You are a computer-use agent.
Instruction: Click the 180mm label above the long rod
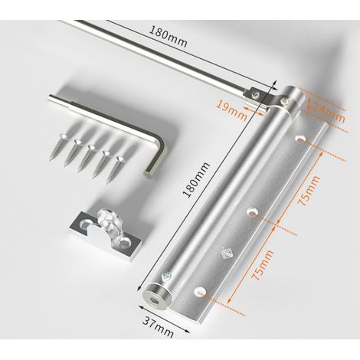coord(168,38)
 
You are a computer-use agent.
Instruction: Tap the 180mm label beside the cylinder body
coord(197,180)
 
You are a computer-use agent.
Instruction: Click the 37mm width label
coord(159,328)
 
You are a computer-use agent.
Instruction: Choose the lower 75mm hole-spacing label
coord(263,265)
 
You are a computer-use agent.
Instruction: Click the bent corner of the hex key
coord(158,144)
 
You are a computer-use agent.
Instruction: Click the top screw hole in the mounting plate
coord(301,139)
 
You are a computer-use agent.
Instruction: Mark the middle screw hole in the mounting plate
coord(253,211)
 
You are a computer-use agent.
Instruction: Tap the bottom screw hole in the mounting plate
coord(201,291)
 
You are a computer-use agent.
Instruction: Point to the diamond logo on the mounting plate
coord(227,253)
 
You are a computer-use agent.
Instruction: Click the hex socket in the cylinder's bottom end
coord(154,300)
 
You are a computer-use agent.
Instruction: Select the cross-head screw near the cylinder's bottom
coord(165,277)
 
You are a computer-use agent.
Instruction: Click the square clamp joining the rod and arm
coord(254,95)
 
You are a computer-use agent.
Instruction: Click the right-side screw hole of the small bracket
coord(124,241)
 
